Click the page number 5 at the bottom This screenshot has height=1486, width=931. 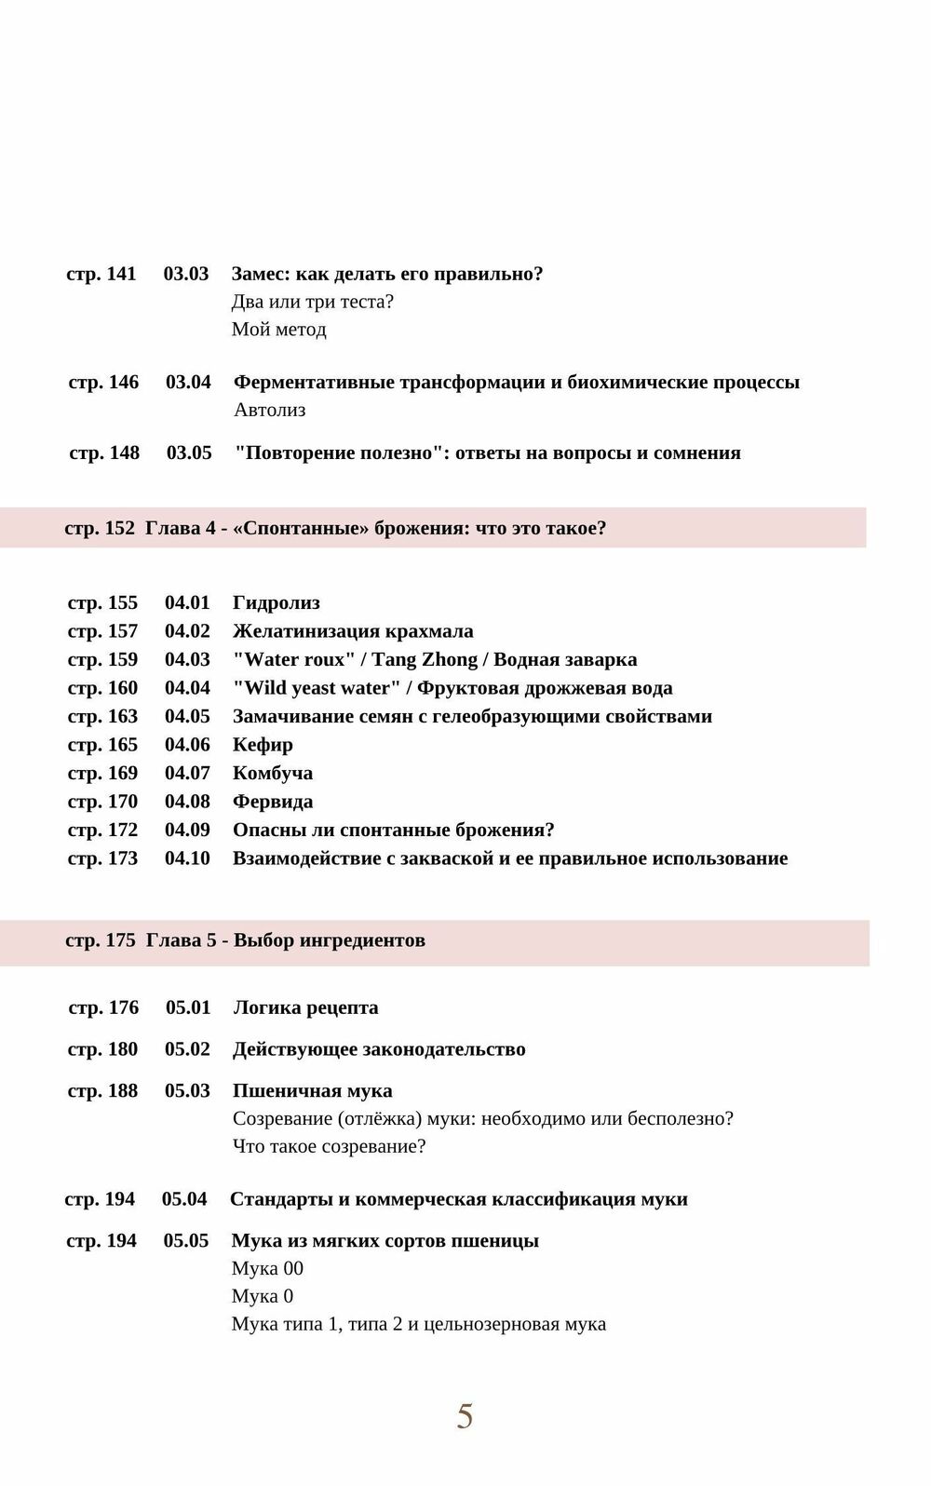pos(465,1415)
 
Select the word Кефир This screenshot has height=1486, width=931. pos(263,745)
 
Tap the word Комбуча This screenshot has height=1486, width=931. pos(272,773)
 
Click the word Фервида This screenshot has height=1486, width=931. pos(272,802)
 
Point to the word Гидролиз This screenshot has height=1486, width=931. pos(276,603)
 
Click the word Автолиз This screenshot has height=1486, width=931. pos(269,410)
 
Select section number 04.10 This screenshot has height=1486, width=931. pos(187,858)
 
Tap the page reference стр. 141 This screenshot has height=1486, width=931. pos(101,274)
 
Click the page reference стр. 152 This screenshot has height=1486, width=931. pos(100,528)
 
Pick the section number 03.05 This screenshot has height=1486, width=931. pos(189,453)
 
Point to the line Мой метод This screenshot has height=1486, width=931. pos(278,330)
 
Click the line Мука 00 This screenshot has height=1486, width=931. pos(267,1268)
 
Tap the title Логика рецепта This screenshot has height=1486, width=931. pos(305,1007)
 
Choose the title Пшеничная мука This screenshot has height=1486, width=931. pos(312,1090)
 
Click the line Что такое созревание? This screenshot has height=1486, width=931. pos(329,1146)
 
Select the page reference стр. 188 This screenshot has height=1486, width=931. pos(102,1090)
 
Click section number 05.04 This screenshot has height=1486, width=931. pos(184,1199)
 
